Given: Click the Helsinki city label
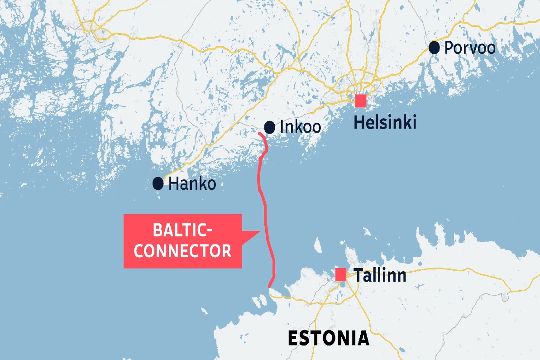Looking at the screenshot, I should [385, 122].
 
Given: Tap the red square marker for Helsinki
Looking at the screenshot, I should [361, 101].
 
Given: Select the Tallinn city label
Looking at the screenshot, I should [380, 275].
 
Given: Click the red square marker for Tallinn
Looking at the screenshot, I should [341, 274].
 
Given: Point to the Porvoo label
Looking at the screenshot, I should [470, 48].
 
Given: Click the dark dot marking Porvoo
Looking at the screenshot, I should [434, 47].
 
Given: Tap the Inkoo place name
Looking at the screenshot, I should [301, 127].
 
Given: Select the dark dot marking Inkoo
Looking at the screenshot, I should [269, 127].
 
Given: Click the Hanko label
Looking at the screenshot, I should [192, 184].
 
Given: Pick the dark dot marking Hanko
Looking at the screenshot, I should [158, 183].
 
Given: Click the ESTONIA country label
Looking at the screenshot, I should [328, 338].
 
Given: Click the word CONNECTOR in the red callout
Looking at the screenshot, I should [183, 251].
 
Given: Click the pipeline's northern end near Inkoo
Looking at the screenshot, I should [259, 134].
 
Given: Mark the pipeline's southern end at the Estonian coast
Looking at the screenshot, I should [270, 286].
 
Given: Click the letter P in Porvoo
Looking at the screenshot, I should [449, 48].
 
